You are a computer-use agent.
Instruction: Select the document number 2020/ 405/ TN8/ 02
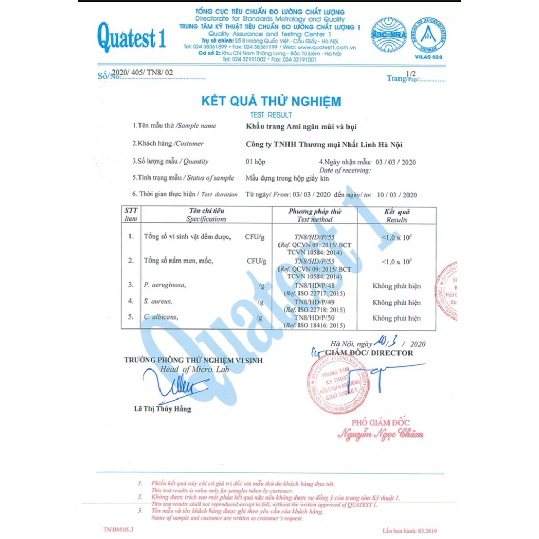143,73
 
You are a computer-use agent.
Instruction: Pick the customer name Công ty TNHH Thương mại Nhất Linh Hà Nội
324,144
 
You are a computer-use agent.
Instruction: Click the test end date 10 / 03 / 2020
397,195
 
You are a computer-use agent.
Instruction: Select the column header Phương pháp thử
315,212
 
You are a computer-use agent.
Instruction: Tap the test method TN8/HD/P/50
315,318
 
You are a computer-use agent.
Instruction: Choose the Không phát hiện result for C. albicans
396,318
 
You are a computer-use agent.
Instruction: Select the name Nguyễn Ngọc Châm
380,435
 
